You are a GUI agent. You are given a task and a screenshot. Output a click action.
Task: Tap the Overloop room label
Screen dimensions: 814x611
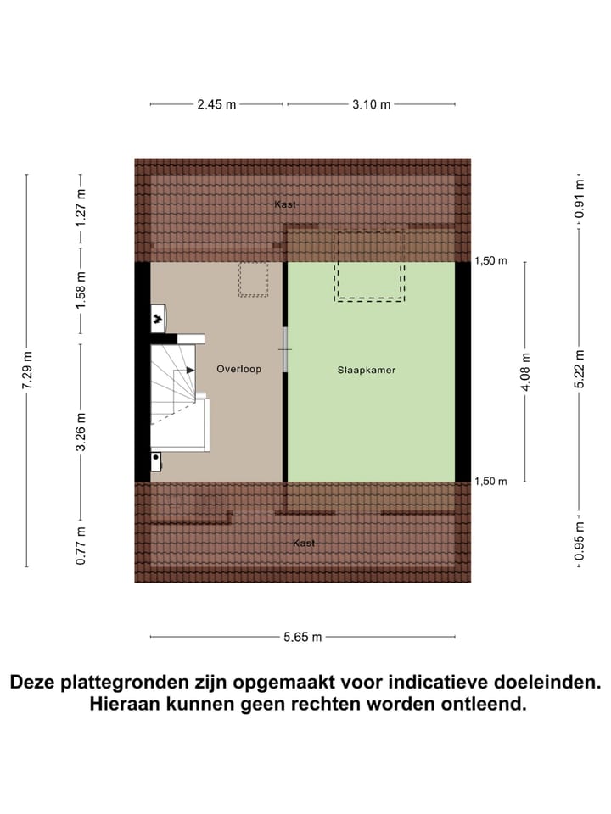point(238,370)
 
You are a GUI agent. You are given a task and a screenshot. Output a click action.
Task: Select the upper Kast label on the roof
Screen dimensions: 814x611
point(285,204)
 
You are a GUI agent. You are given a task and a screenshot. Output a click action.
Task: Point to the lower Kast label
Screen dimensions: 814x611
point(304,543)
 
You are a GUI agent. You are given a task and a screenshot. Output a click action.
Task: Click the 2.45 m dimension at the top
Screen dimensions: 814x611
point(216,104)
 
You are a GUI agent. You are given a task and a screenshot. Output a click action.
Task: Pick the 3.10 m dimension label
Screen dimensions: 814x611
point(371,104)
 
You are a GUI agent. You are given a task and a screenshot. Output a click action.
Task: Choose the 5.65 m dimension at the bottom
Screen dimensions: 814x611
point(302,638)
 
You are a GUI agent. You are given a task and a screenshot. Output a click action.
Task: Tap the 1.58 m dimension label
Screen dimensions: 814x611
point(81,291)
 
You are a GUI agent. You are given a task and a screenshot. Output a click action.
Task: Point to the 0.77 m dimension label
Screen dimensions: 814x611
point(81,545)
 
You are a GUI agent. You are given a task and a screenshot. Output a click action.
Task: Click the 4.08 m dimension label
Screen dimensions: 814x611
point(525,371)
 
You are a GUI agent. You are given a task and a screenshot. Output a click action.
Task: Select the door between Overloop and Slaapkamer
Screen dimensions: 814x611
point(286,349)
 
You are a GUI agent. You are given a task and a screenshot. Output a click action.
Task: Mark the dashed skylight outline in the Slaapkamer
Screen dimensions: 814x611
point(369,266)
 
